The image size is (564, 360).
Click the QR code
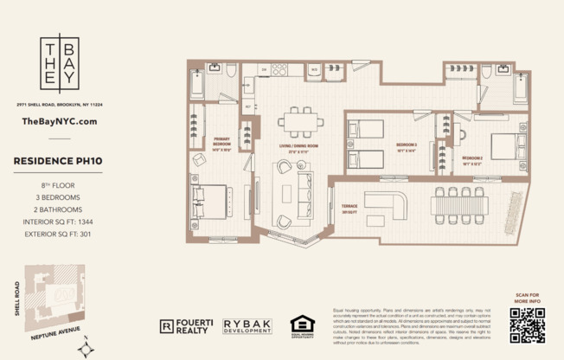527,325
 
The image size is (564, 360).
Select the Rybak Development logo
247,325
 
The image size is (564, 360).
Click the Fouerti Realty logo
188,325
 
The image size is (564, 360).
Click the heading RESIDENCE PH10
59,161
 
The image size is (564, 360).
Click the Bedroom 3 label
407,145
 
